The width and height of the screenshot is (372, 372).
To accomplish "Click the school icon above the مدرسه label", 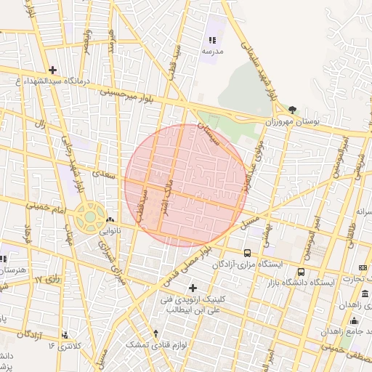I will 213,41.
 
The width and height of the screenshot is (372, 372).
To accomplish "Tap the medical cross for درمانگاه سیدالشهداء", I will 52,70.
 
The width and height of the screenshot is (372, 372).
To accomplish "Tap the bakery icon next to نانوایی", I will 110,220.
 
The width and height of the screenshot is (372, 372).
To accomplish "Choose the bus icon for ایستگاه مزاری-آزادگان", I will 248,254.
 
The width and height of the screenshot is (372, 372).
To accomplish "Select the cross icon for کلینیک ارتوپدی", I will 193,288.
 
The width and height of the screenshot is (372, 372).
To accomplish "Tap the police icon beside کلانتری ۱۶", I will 66,335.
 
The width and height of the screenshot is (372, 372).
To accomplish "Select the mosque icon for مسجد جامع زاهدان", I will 354,320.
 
